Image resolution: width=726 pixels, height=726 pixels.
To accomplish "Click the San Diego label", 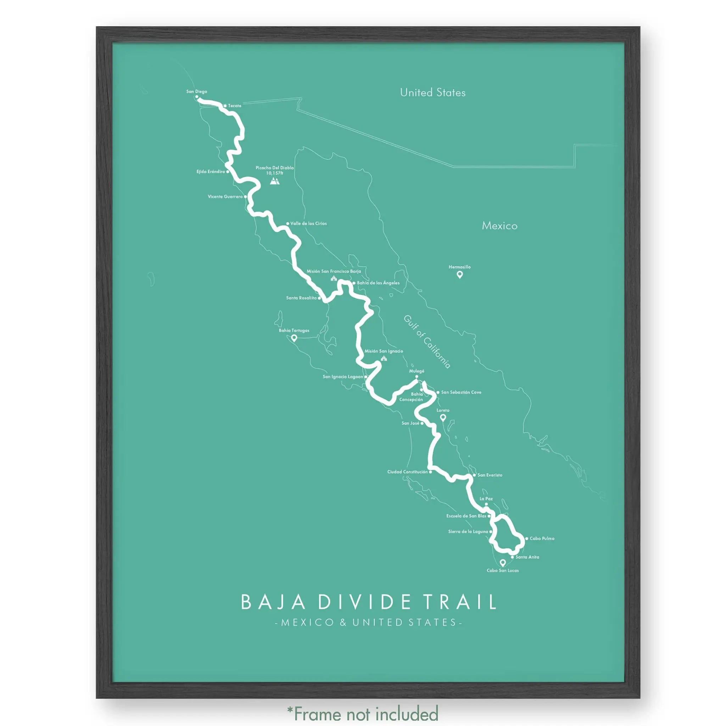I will (x=196, y=91).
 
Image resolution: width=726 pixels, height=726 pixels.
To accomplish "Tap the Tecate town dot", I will (x=225, y=106).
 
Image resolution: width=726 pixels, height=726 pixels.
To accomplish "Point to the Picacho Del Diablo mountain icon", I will (x=275, y=181).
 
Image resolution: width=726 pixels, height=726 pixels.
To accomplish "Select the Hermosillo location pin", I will (x=459, y=275).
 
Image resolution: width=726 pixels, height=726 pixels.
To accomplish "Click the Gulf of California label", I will (x=427, y=341).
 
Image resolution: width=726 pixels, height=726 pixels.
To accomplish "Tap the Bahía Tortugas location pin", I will (x=294, y=338).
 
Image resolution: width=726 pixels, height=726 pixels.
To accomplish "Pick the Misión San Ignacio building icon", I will (x=384, y=358).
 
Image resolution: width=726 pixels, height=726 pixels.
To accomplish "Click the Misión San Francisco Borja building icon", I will (x=333, y=278).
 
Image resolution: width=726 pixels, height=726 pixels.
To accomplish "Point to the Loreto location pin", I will (x=443, y=417).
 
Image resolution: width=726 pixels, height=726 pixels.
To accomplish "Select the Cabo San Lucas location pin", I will (x=502, y=563).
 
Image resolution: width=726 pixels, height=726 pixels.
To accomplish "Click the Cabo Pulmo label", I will (x=542, y=538).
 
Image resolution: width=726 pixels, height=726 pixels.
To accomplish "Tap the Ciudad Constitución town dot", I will (x=431, y=471).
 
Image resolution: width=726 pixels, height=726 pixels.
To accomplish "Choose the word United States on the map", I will (x=432, y=93).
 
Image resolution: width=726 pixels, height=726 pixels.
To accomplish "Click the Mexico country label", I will (x=499, y=226).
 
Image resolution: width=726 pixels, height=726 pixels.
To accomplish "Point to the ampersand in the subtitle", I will (x=343, y=622).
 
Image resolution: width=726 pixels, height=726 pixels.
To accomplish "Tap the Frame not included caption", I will (x=363, y=713).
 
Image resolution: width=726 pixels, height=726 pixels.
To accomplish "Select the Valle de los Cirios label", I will (x=308, y=224).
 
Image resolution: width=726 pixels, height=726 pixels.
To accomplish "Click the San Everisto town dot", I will (x=474, y=475).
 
